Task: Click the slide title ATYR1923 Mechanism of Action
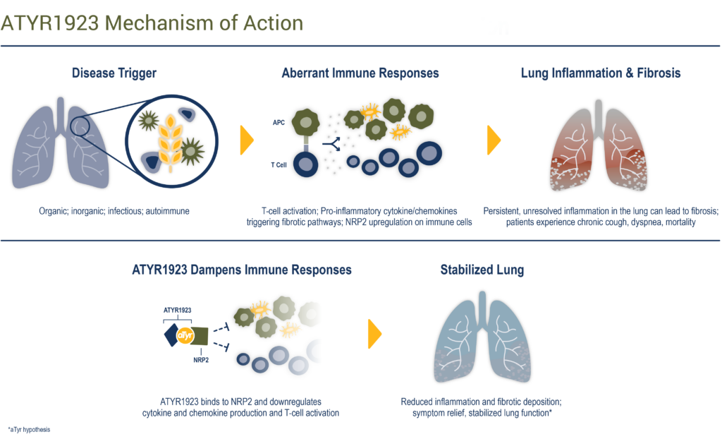tap(152, 23)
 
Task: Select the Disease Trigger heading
tap(114, 73)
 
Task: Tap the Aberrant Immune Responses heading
tap(360, 73)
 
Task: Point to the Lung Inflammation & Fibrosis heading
tap(601, 73)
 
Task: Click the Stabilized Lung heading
tap(482, 270)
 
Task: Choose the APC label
tap(279, 123)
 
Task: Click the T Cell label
tap(279, 164)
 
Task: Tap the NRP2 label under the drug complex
tap(201, 360)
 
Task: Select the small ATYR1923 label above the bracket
tap(177, 310)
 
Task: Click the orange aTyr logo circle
tap(185, 336)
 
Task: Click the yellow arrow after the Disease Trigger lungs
tap(247, 140)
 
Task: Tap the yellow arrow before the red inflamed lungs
tap(494, 140)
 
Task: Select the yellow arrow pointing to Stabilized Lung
tap(375, 334)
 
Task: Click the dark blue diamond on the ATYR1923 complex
tap(171, 335)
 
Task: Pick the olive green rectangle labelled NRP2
tap(200, 336)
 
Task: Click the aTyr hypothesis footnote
tap(29, 430)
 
